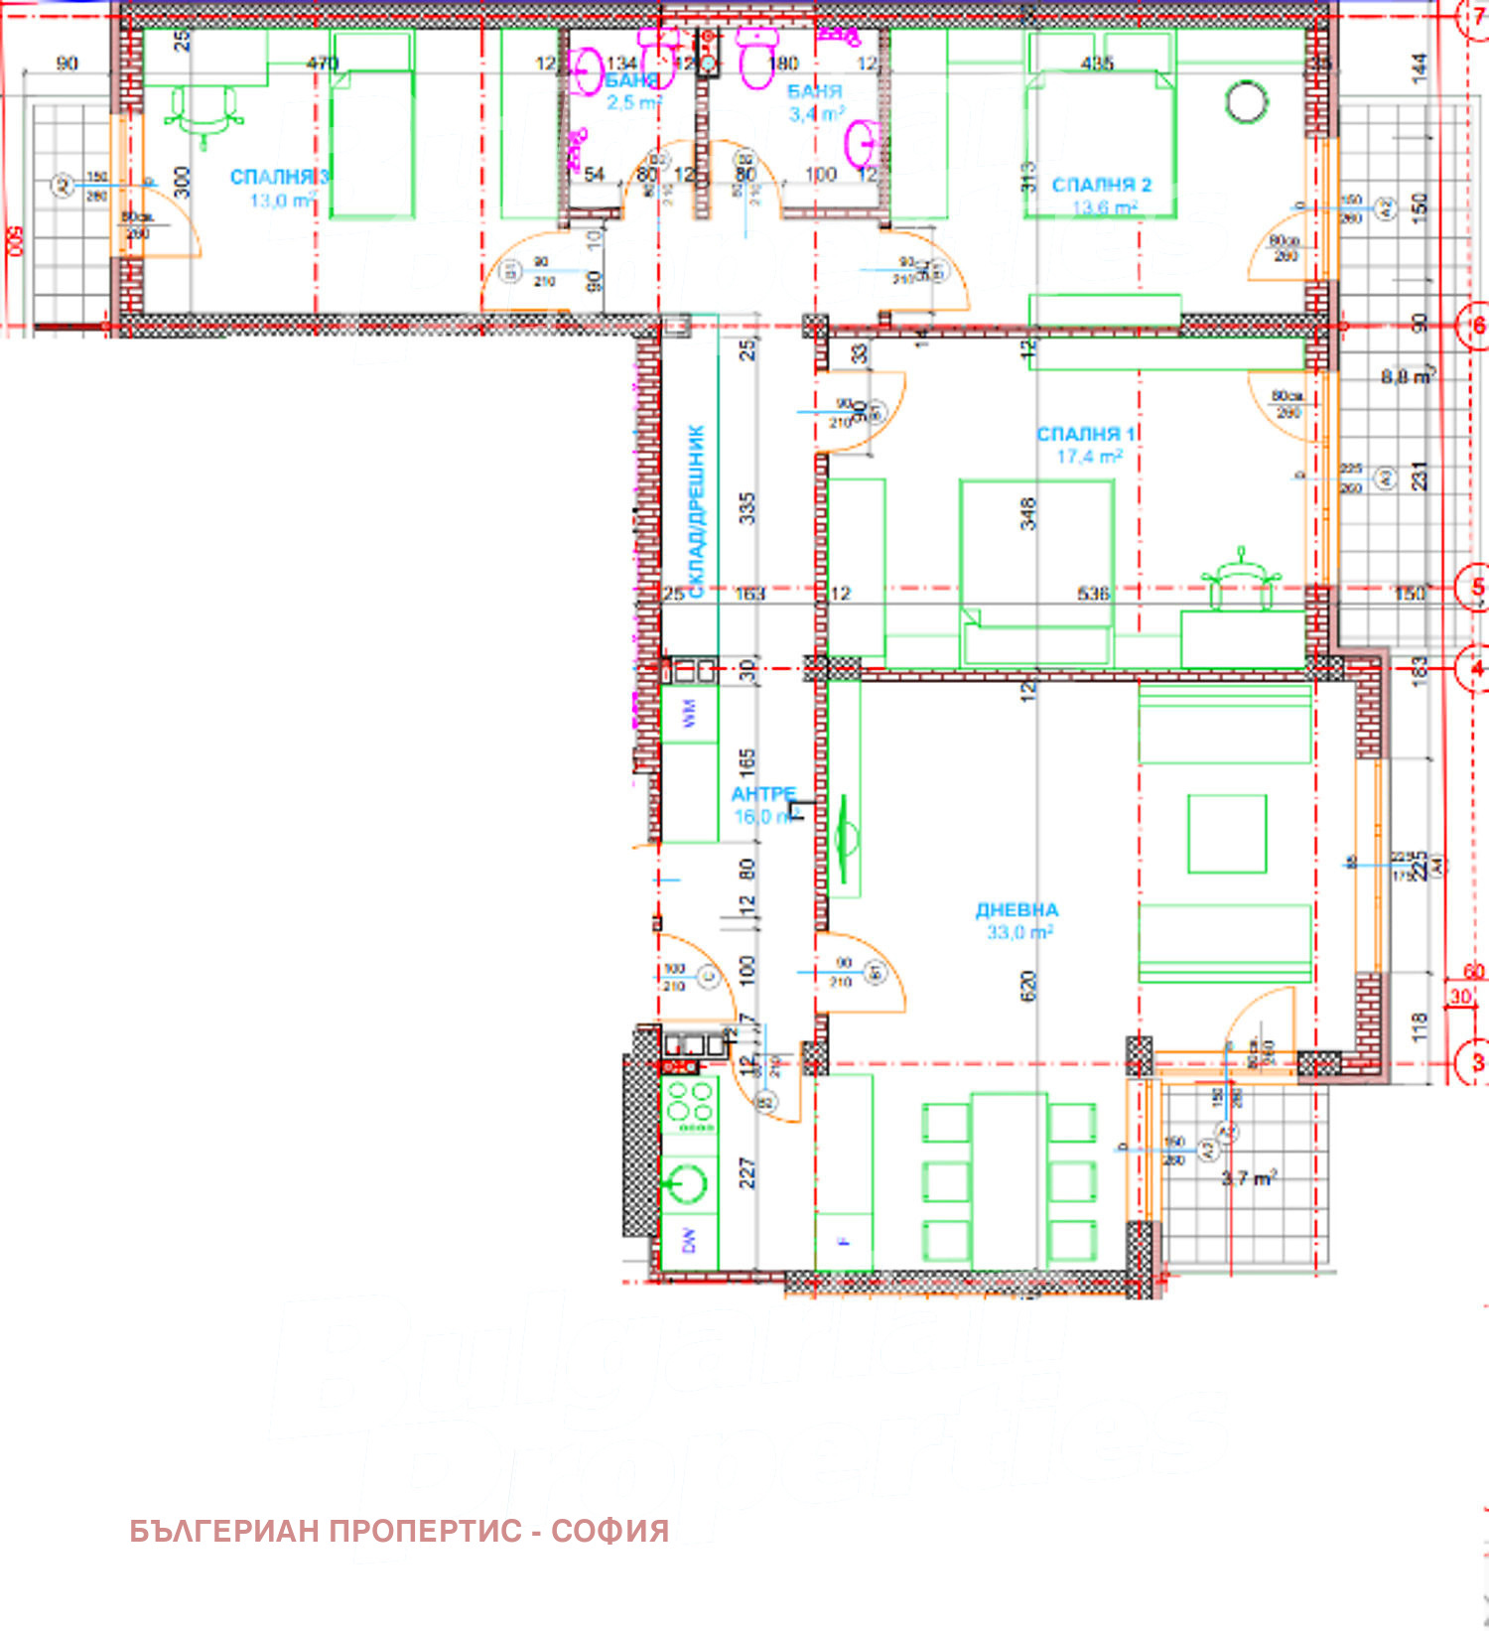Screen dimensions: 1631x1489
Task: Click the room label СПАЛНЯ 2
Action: pyautogui.click(x=1101, y=186)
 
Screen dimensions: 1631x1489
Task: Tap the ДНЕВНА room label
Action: pyautogui.click(x=1016, y=910)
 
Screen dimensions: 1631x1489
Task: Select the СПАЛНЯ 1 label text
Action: pyautogui.click(x=1087, y=435)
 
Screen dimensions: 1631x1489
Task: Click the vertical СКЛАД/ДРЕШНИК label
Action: pyautogui.click(x=696, y=511)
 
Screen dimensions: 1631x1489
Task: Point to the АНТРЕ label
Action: pyautogui.click(x=762, y=794)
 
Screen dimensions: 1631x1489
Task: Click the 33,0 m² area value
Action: pyautogui.click(x=1019, y=933)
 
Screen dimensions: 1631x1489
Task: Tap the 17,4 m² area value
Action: pyautogui.click(x=1089, y=457)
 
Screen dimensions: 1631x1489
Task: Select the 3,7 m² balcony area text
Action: pyautogui.click(x=1248, y=1178)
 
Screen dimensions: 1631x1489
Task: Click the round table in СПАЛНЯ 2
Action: pyautogui.click(x=1246, y=101)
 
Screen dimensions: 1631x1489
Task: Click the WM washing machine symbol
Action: pyautogui.click(x=689, y=713)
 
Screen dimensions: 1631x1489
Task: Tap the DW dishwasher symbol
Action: pyautogui.click(x=689, y=1240)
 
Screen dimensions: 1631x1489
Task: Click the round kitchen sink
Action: pyautogui.click(x=686, y=1182)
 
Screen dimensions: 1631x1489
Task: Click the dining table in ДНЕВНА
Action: pyautogui.click(x=1009, y=1180)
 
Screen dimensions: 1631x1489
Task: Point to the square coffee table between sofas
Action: pyautogui.click(x=1227, y=834)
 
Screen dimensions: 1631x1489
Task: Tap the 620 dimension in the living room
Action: pyautogui.click(x=1027, y=985)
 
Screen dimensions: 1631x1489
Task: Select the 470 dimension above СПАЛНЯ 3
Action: pyautogui.click(x=323, y=64)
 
